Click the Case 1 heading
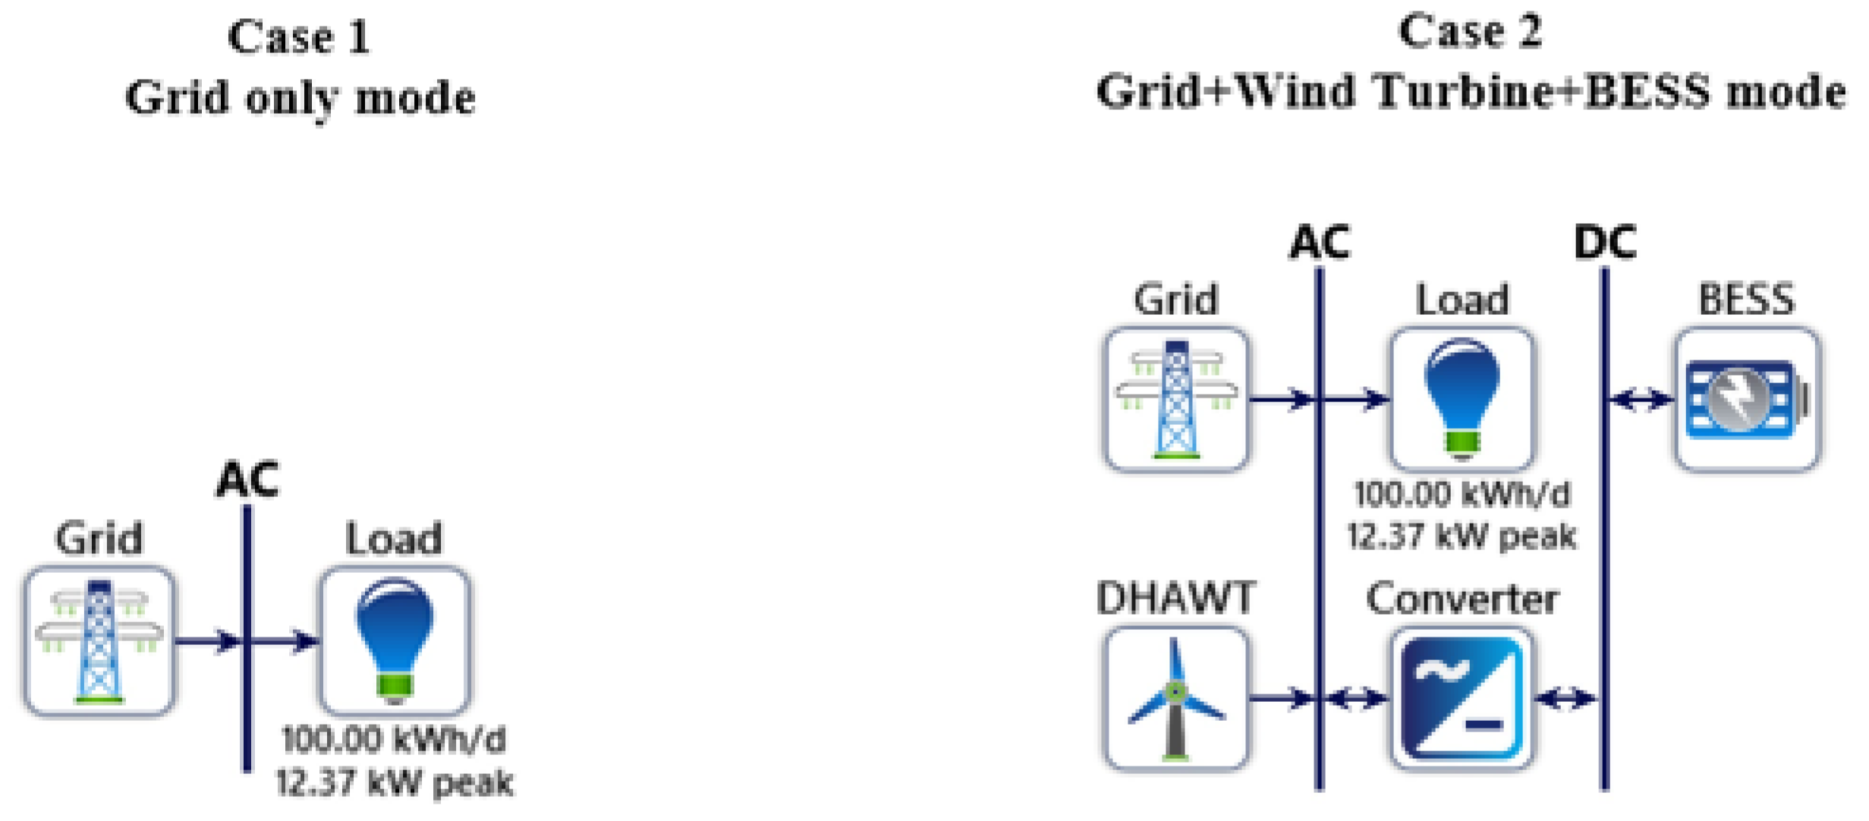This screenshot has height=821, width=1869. [x=299, y=36]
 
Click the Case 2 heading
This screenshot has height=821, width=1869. [x=1470, y=32]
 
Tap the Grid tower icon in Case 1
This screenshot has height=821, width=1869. [x=99, y=641]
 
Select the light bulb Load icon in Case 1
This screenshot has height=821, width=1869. [x=395, y=641]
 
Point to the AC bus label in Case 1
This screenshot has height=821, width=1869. [x=247, y=480]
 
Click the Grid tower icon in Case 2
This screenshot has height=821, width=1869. [x=1176, y=400]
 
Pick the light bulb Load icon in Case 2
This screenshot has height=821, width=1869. [x=1462, y=400]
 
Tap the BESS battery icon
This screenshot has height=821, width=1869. [x=1747, y=400]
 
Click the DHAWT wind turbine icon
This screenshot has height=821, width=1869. [x=1176, y=699]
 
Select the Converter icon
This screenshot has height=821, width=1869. [x=1462, y=699]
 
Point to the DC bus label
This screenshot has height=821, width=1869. [x=1605, y=243]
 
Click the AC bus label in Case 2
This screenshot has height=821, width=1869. [x=1320, y=243]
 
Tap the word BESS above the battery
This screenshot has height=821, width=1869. [x=1747, y=299]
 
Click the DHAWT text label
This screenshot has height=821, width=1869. [x=1176, y=598]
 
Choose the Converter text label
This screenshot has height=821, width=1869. [x=1462, y=598]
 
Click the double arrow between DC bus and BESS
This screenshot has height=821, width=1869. [x=1641, y=399]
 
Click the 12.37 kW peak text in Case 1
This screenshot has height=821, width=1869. [x=395, y=782]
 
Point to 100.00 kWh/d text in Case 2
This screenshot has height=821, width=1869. [x=1462, y=495]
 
